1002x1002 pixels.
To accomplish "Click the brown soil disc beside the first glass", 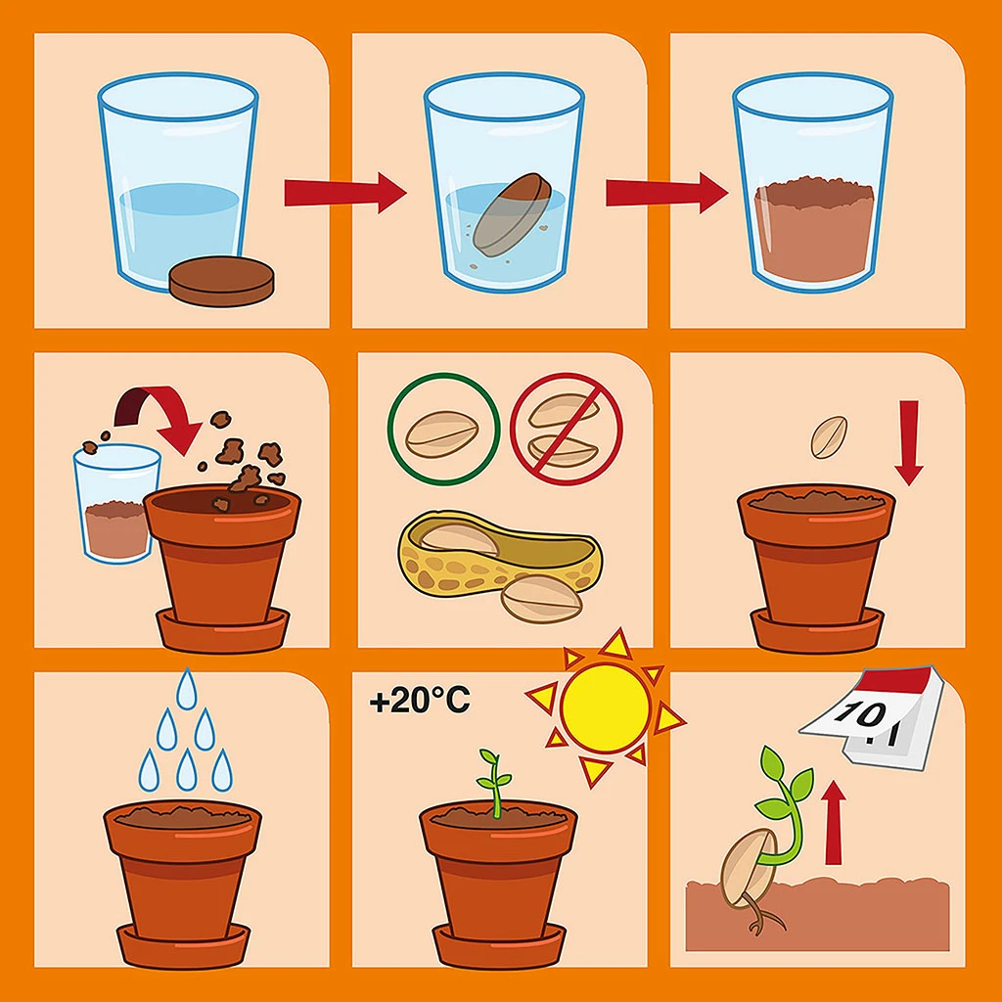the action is pos(222,281).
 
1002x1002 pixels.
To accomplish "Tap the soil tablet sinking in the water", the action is pos(513,214).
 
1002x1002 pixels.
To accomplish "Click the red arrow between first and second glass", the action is pos(345,193).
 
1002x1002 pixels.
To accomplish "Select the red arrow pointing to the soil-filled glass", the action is pos(667,193).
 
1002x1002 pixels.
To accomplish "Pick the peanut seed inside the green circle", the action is pos(442,435).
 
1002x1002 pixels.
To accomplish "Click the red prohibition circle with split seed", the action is pos(567,429).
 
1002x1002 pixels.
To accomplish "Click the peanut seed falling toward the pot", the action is pos(829,437).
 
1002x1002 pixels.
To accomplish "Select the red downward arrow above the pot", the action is pos(909,442).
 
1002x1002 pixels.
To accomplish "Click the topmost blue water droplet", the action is pos(187,689).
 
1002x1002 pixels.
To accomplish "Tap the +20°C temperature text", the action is pos(420,701).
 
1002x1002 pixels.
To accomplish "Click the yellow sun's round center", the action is pos(605,708).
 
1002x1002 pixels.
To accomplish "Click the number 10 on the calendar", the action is pos(860,713).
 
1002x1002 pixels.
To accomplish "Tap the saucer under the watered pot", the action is pos(183,946).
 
